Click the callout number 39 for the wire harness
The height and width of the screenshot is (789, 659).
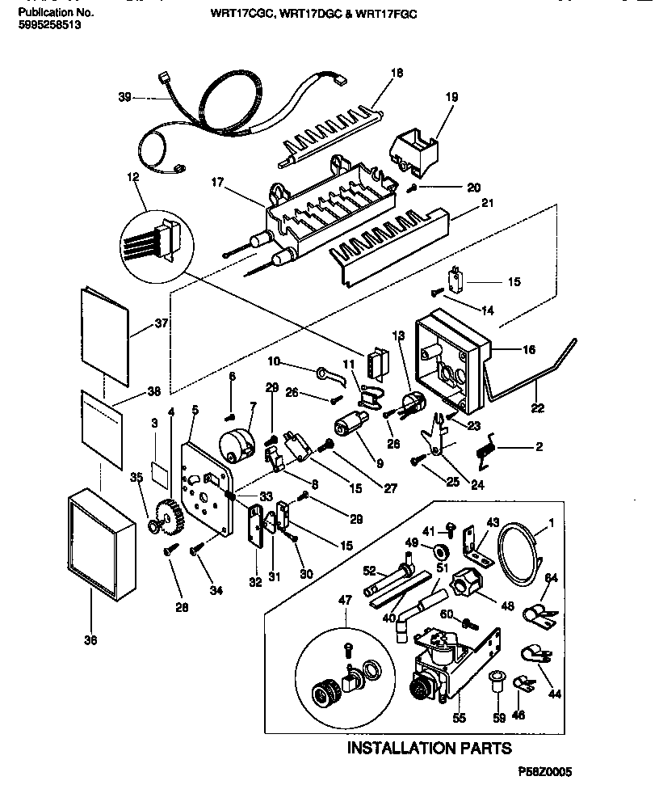click(x=124, y=97)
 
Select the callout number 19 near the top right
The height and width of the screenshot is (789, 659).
click(x=451, y=97)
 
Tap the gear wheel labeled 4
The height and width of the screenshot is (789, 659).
click(x=166, y=517)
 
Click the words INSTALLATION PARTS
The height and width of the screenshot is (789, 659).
click(x=429, y=748)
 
